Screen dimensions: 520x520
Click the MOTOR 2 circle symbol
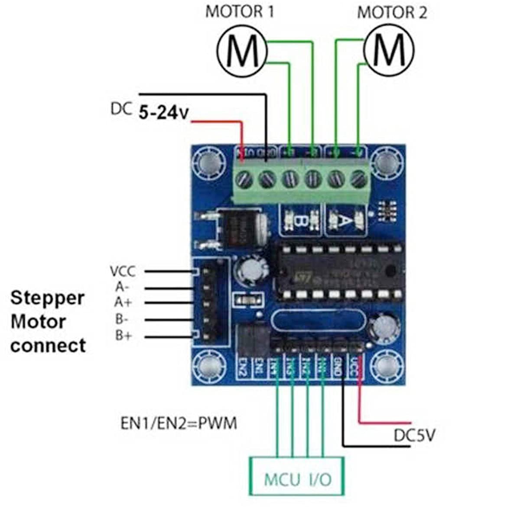click(x=388, y=51)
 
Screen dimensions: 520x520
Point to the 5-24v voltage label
click(x=164, y=113)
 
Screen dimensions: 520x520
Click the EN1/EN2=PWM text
click(x=179, y=423)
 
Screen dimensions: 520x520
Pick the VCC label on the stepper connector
click(x=123, y=272)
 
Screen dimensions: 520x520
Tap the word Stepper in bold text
click(x=47, y=298)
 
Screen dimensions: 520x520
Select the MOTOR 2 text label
click(x=392, y=13)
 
